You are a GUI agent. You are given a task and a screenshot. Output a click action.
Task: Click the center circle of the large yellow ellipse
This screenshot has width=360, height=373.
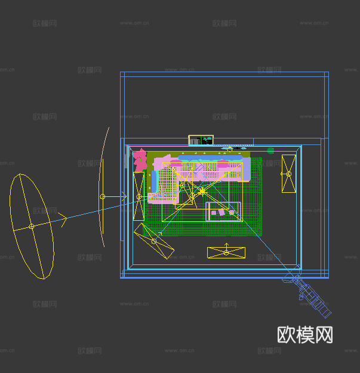[x=32, y=226]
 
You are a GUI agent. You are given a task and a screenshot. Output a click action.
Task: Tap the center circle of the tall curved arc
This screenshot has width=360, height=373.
[x=102, y=196]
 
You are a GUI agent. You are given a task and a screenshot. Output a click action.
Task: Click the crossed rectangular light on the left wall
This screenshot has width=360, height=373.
[x=139, y=196]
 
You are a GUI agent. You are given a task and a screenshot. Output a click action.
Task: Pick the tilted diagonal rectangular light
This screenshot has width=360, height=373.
[x=154, y=241]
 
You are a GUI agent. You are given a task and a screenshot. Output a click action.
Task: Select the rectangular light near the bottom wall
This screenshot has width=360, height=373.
[x=226, y=252]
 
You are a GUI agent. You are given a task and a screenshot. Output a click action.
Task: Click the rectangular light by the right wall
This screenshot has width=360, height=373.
[x=289, y=174]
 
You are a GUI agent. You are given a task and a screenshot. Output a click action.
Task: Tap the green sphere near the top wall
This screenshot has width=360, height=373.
[x=270, y=150]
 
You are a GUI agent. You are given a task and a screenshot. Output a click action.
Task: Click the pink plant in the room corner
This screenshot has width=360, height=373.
[x=140, y=159]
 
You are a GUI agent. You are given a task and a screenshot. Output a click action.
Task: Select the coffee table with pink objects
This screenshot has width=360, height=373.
[x=223, y=211]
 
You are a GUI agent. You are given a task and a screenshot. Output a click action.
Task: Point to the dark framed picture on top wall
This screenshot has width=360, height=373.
[x=201, y=140]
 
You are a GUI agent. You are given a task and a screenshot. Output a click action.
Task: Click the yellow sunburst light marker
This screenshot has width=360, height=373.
[x=202, y=191]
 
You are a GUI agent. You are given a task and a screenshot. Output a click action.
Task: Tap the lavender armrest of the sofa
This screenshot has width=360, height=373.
[x=246, y=169]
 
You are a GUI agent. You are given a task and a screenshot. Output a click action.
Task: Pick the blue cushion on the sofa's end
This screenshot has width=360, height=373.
[x=154, y=181]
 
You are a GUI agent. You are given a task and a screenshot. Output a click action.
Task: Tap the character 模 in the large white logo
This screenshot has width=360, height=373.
[x=305, y=335]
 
